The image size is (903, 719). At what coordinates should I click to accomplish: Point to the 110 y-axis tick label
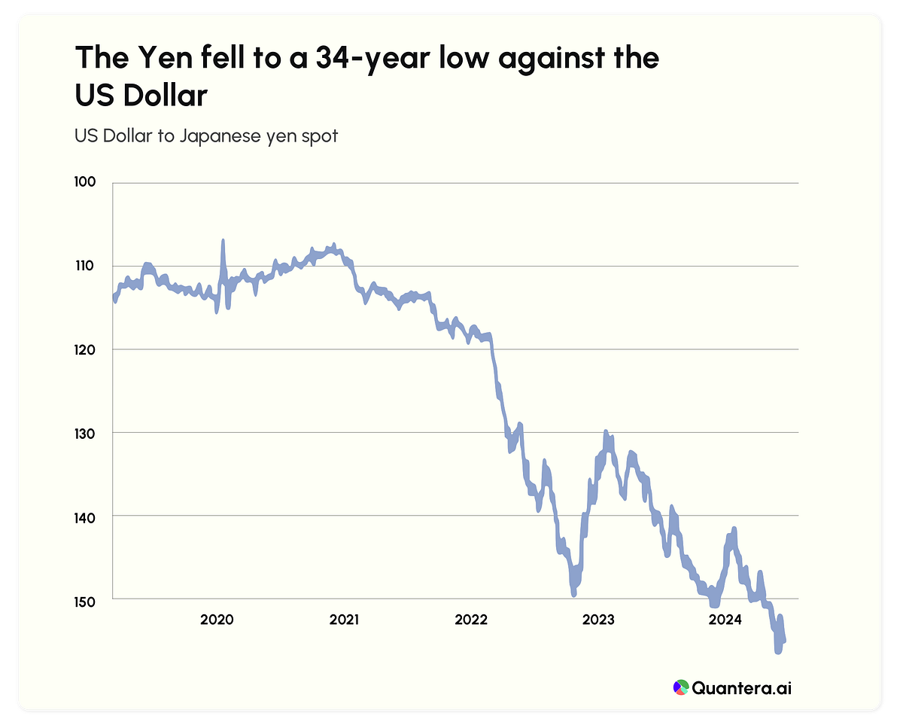84,266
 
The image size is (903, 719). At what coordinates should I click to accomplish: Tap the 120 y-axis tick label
84,349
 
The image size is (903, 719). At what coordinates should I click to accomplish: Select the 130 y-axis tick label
84,432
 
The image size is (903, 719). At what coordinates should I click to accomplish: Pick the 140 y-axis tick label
84,516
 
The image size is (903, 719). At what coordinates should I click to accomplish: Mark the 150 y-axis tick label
84,599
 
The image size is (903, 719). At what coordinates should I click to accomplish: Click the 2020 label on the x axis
217,620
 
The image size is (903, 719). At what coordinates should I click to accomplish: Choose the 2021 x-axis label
345,620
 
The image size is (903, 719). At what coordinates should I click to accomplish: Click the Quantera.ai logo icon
680,687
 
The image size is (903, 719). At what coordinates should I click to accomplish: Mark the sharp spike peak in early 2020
223,241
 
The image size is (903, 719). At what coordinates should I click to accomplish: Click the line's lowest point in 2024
777,652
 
